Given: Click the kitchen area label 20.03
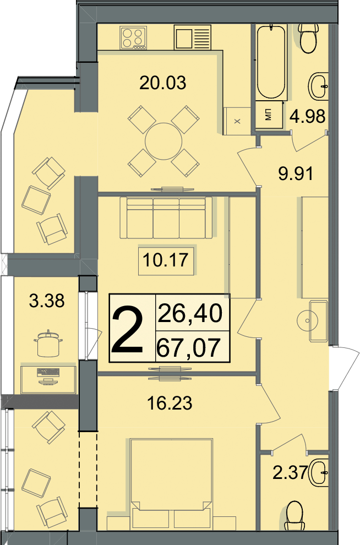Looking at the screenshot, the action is tap(162, 83).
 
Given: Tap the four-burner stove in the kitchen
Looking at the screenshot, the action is tap(133, 38).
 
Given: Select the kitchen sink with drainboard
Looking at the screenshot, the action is tap(193, 37).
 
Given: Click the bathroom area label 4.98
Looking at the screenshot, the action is tap(308, 116).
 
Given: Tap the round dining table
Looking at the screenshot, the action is tap(163, 141).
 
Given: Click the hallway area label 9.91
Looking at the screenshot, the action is tap(296, 173).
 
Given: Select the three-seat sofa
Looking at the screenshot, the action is tap(166, 218).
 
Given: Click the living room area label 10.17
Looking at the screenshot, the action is tap(166, 260).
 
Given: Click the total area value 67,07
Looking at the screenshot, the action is tap(189, 348).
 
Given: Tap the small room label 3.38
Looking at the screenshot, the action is tap(47, 301).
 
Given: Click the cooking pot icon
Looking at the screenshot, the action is tap(48, 343).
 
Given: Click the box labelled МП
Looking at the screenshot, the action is tap(269, 116).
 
